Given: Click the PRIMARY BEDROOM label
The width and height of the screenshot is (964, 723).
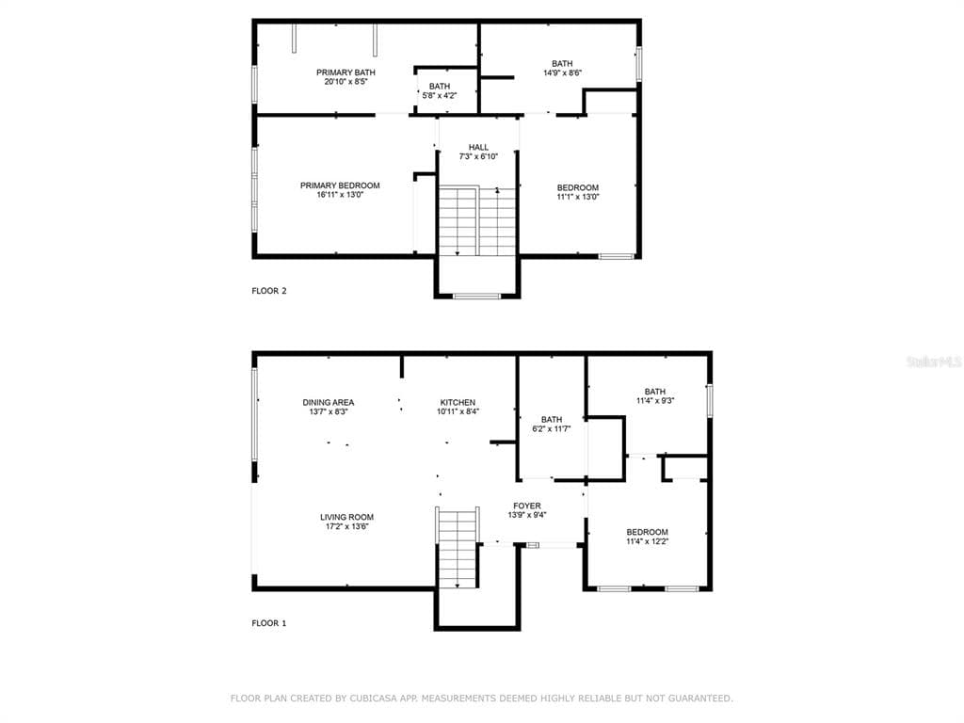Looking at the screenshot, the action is (340, 185).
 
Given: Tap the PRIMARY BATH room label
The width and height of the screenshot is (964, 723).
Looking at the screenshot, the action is (345, 72).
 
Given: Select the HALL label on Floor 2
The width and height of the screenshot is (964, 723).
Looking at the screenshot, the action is (478, 148).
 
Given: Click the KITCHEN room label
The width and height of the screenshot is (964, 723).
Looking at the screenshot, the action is (458, 403).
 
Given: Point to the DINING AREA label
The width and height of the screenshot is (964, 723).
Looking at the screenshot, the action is (329, 403).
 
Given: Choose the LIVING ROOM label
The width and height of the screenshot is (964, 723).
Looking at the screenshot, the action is (346, 517).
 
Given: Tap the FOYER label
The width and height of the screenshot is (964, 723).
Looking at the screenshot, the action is (527, 506).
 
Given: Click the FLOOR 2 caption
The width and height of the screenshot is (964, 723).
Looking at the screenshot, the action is (269, 291).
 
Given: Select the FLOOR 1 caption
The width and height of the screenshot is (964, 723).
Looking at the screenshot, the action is (269, 623).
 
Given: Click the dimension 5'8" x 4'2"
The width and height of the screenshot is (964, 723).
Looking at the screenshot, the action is (440, 95).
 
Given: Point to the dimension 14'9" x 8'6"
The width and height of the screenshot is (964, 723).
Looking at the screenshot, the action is (562, 72).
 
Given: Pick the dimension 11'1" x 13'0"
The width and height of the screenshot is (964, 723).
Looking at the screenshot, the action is (578, 197).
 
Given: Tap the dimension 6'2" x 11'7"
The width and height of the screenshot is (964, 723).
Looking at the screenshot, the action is (552, 428).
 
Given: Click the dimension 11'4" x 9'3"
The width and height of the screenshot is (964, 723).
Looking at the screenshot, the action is (655, 400).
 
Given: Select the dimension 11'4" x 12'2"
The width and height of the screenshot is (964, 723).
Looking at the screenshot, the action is (648, 541).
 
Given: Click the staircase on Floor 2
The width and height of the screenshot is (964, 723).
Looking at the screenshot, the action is (477, 221).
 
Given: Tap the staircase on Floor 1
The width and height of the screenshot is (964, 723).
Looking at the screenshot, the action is (458, 548).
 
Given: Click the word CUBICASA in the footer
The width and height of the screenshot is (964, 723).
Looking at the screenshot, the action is (373, 699).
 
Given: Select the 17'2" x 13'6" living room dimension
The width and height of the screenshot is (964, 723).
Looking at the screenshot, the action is (346, 526).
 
